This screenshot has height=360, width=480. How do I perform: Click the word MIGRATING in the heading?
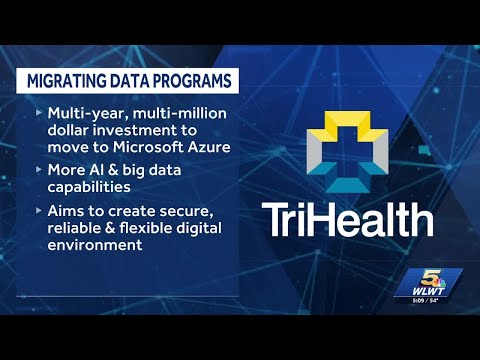click(x=66, y=81)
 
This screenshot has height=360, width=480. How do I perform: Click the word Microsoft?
click(x=148, y=147)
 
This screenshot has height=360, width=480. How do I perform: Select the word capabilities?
click(x=89, y=188)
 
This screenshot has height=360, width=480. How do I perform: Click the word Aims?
click(x=66, y=211)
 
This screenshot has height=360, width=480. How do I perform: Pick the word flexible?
click(x=145, y=228)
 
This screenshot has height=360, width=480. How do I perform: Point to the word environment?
click(x=95, y=245)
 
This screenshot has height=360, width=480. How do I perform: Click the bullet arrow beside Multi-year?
click(x=39, y=113)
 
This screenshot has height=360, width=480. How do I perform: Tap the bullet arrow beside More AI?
click(x=39, y=170)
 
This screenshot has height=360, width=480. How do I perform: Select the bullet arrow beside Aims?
click(x=39, y=211)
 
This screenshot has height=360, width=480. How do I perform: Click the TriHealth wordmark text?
click(x=347, y=220)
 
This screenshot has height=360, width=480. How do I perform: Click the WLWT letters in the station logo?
click(x=428, y=291)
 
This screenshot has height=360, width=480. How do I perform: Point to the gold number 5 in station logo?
click(x=428, y=277)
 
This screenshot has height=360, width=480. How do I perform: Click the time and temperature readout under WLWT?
click(x=425, y=301)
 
